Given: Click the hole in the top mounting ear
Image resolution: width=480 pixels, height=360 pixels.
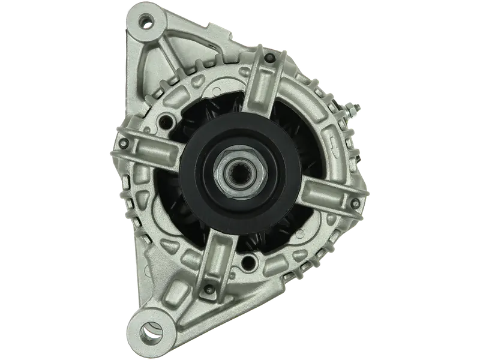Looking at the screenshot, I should (144, 22).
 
